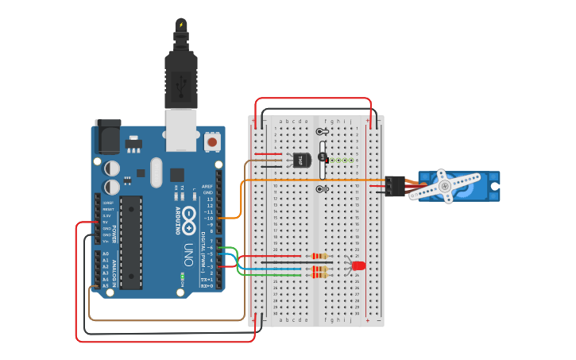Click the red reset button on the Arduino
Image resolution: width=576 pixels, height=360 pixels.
(212, 142)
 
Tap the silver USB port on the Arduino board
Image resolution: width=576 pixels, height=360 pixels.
(180, 130)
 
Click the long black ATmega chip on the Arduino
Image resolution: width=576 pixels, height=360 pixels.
(131, 242)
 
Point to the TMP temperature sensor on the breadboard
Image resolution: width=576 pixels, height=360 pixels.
(301, 160)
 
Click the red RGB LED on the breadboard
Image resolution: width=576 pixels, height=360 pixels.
(358, 265)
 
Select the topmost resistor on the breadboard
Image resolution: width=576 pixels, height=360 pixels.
(319, 257)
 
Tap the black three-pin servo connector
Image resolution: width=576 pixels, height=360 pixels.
(395, 185)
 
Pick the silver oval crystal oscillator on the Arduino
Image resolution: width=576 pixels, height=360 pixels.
(154, 170)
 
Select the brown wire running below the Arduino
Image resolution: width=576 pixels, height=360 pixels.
(167, 319)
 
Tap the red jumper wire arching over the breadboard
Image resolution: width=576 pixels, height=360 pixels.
(314, 99)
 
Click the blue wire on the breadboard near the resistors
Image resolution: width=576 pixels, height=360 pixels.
(278, 269)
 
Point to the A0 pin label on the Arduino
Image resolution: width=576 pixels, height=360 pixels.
(105, 254)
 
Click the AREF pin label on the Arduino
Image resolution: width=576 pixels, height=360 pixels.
(208, 187)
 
